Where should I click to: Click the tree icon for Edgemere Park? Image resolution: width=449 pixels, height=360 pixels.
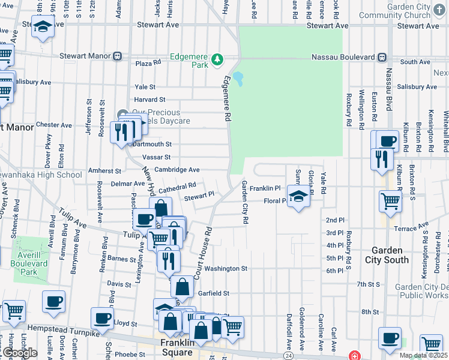[x=217, y=59]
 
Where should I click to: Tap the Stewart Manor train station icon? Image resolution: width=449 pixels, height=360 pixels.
[x=118, y=56]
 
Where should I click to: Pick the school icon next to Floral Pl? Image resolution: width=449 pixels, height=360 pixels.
[x=298, y=196]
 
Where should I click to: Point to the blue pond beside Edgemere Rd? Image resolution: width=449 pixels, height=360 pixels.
[x=238, y=79]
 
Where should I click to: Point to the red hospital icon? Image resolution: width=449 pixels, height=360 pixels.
[x=355, y=355]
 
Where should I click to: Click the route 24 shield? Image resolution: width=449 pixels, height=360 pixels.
[x=288, y=356]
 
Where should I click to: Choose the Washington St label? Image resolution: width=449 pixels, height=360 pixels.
[x=226, y=269]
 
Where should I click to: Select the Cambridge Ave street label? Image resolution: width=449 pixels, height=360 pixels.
[x=176, y=170]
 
